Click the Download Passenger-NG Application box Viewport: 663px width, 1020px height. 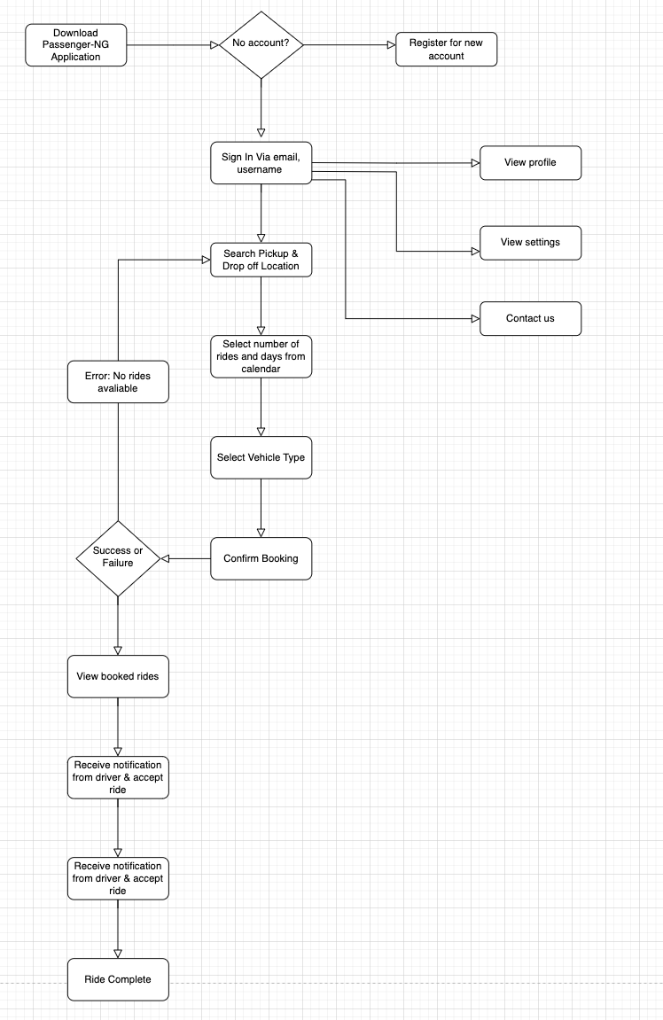click(x=75, y=45)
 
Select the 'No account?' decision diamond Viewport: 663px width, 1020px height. click(x=261, y=44)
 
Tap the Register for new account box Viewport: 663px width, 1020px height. click(x=447, y=50)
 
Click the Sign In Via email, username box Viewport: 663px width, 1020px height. click(x=261, y=163)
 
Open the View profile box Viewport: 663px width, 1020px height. click(x=530, y=163)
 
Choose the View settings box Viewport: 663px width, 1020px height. click(x=530, y=242)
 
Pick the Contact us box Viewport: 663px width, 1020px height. click(x=530, y=318)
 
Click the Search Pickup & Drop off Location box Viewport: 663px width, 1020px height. click(x=261, y=260)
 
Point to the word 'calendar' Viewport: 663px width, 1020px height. click(x=261, y=369)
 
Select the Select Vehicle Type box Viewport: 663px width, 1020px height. click(x=261, y=458)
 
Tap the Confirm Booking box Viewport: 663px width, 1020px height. click(x=261, y=558)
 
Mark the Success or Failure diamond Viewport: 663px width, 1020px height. click(x=118, y=557)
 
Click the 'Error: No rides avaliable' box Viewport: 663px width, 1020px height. click(x=118, y=382)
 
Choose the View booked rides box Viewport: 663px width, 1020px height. click(x=118, y=676)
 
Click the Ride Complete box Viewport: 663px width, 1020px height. click(x=118, y=979)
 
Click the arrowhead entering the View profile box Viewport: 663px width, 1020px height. click(x=474, y=163)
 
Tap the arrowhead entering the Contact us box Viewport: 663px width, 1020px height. click(x=474, y=318)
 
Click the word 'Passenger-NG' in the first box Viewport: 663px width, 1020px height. click(x=75, y=45)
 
